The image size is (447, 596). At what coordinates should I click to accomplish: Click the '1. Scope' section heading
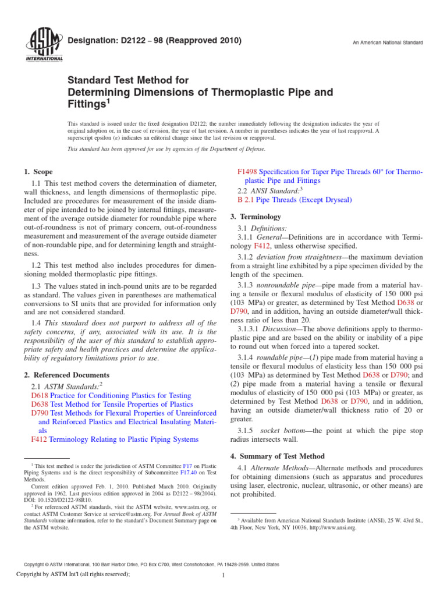pos(38,172)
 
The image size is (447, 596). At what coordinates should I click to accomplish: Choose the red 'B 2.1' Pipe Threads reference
pos(246,200)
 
